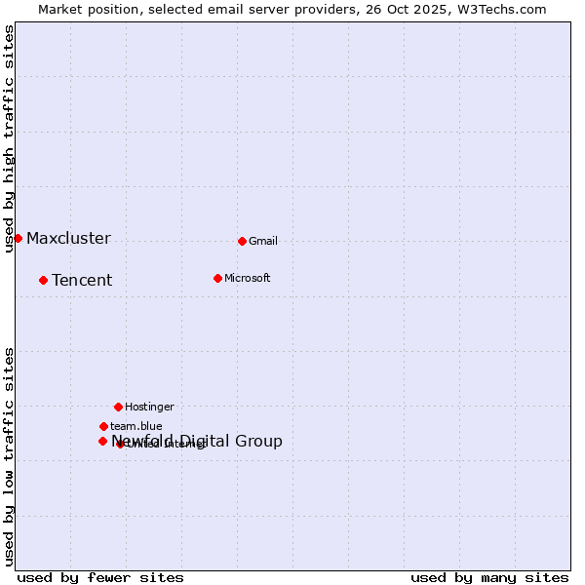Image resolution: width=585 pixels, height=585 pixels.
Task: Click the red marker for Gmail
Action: [x=242, y=241]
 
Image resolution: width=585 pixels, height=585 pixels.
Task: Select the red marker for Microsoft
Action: [x=217, y=278]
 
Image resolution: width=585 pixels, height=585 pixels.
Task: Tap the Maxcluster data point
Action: [x=18, y=238]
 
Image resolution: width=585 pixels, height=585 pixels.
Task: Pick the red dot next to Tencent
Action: [x=43, y=280]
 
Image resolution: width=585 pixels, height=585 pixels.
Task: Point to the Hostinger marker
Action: [x=118, y=407]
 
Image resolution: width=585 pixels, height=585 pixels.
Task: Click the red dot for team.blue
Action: [x=103, y=426]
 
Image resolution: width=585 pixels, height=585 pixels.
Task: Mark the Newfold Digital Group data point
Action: [x=102, y=441]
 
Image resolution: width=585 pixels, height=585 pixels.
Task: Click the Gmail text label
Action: [x=263, y=241]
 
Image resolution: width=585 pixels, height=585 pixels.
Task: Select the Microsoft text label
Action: [x=248, y=278]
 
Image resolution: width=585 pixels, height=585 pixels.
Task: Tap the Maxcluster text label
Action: [x=68, y=238]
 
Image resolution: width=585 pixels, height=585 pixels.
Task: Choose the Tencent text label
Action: [x=82, y=280]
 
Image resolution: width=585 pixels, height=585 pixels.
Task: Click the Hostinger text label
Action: [x=149, y=407]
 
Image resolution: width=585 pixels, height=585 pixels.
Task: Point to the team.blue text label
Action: [x=136, y=426]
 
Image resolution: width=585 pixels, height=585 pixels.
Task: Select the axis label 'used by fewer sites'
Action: [x=100, y=577]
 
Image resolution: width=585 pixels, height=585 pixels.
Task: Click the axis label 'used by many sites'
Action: [x=489, y=577]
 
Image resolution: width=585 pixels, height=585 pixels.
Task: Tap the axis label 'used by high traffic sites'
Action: [x=10, y=138]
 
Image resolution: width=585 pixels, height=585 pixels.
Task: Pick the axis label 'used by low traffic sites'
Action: [x=10, y=455]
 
